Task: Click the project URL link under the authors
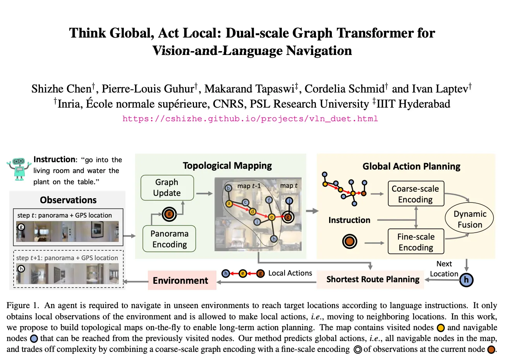(250, 119)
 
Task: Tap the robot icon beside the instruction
(19, 169)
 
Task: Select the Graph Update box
(167, 188)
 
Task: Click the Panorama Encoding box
(169, 239)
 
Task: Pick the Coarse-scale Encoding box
(415, 194)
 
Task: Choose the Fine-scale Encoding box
(416, 242)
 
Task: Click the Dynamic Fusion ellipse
(469, 219)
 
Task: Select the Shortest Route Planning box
(372, 279)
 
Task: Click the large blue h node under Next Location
(466, 280)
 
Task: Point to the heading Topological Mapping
(227, 166)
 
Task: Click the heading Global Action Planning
(411, 166)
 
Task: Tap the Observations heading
(68, 200)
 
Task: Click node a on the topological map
(229, 204)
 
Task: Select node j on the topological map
(289, 201)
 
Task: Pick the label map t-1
(249, 186)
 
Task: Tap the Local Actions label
(290, 273)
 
